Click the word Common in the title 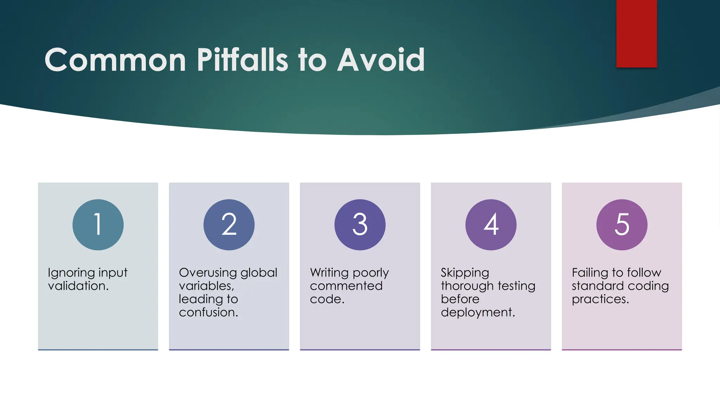point(115,60)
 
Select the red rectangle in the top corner point(636,33)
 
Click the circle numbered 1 point(98,225)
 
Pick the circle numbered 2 point(229,225)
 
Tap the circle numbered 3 point(360,225)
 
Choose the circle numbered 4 point(491,225)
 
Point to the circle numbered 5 point(622,225)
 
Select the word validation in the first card point(78,286)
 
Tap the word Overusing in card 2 point(207,273)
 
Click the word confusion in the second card point(208,312)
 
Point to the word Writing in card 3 point(329,273)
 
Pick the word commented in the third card point(346,286)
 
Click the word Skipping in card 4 point(465,273)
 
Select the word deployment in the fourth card point(477,313)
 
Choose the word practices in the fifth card point(600,299)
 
